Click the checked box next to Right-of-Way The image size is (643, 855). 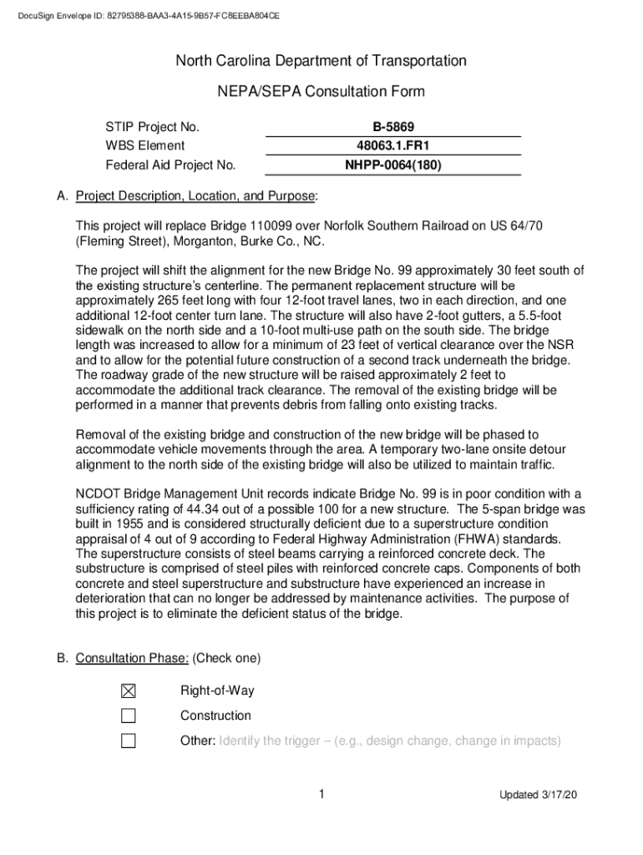(x=128, y=691)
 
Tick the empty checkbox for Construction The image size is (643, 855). (x=128, y=716)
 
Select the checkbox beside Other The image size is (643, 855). (x=128, y=741)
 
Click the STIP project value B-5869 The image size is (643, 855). (x=393, y=127)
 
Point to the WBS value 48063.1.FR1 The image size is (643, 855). (x=393, y=146)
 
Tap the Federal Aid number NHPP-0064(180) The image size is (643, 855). (x=393, y=165)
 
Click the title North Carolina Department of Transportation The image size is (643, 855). (x=321, y=61)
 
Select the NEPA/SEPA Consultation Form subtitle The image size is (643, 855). (x=321, y=92)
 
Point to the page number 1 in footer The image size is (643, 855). (x=321, y=794)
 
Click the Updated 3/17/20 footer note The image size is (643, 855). (x=539, y=795)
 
